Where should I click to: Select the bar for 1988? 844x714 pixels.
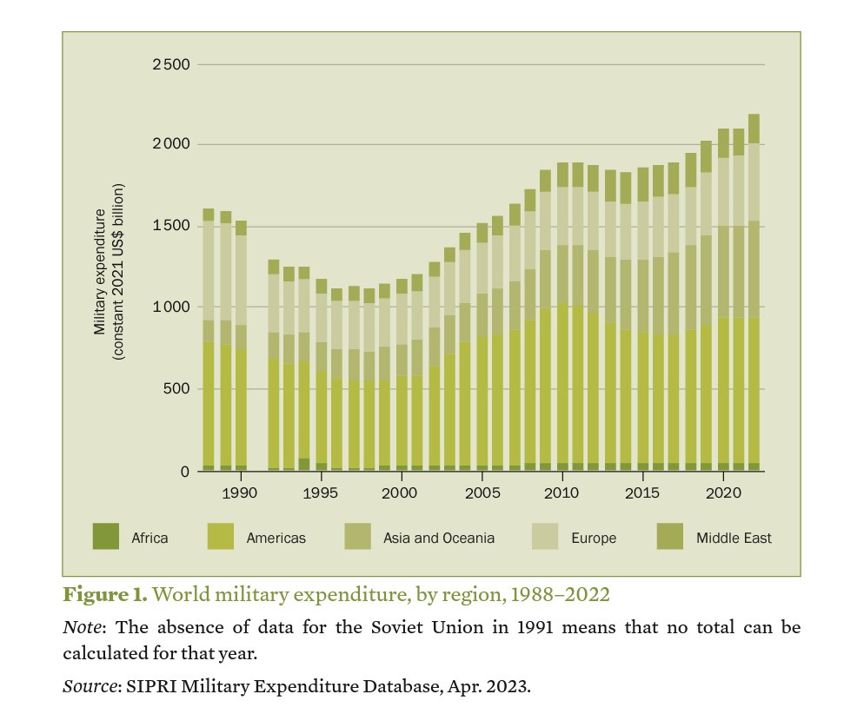[209, 340]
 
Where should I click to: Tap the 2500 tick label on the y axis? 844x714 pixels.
[169, 64]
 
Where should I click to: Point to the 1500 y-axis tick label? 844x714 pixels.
[169, 226]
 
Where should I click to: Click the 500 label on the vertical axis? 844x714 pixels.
[177, 389]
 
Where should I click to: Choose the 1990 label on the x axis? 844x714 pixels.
[240, 493]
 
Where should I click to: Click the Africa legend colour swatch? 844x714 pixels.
[106, 538]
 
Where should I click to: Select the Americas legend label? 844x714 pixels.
[276, 539]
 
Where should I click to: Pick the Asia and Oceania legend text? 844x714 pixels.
[439, 539]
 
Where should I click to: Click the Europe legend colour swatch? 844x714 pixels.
[545, 538]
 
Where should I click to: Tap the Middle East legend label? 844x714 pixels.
[734, 539]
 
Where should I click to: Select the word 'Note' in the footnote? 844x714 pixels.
[79, 626]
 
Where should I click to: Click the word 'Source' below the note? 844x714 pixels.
[87, 686]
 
